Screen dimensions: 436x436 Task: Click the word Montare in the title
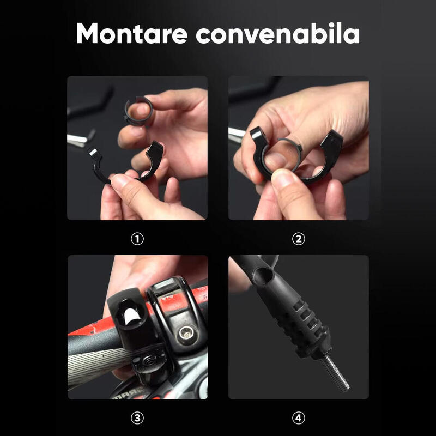pos(132,33)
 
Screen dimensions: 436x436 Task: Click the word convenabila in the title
pos(278,33)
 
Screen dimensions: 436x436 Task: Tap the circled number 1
pos(137,239)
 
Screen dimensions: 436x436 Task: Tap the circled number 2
pos(299,239)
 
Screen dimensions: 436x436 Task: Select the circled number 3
pos(137,418)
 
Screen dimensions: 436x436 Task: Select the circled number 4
pos(299,418)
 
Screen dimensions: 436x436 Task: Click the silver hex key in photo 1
pos(81,138)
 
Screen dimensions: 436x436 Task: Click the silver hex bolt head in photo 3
pos(186,333)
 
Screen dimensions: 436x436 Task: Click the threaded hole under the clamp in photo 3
pos(149,361)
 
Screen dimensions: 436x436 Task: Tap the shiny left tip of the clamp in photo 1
pos(93,153)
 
